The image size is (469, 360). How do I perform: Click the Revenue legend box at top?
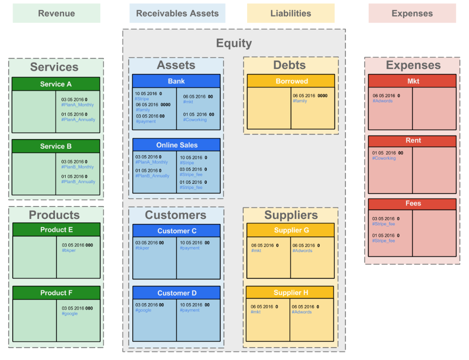pos(56,14)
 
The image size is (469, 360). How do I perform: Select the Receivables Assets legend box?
pos(177,14)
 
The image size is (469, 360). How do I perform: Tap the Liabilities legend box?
pos(291,14)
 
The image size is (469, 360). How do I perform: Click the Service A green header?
pos(56,84)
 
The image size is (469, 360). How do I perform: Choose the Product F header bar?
pos(56,293)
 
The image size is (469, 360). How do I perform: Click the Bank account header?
pos(176,81)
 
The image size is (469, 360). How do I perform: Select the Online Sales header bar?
pos(176,145)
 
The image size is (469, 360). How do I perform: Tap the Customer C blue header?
pos(176,231)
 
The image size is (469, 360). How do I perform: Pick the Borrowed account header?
pos(291,81)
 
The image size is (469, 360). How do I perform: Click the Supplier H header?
pos(290,292)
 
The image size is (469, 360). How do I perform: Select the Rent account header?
pos(413,141)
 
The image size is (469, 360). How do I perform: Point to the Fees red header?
pos(413,204)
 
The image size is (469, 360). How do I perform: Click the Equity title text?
pos(234,43)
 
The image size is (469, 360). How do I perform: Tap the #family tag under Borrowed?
pos(300,101)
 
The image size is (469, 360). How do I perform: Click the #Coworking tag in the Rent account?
pos(384,158)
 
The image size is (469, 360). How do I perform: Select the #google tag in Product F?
pos(70,314)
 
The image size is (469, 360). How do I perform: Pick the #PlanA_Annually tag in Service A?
pos(78,120)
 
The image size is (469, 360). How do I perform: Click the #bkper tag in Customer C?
pos(143,248)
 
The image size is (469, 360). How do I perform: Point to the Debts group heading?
pos(289,65)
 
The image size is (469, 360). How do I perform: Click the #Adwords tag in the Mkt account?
pos(383,101)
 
